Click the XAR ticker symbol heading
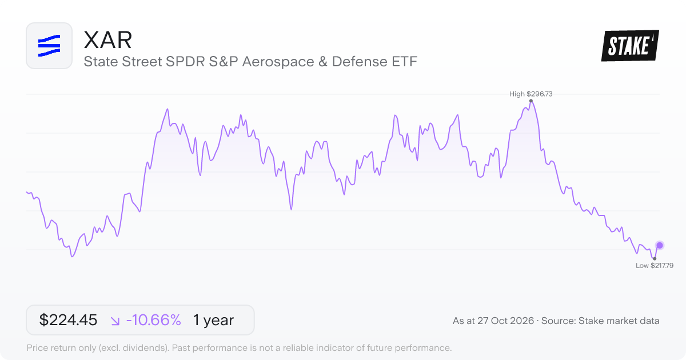pyautogui.click(x=108, y=40)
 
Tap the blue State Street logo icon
pyautogui.click(x=49, y=46)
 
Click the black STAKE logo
pyautogui.click(x=630, y=46)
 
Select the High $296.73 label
pyautogui.click(x=531, y=94)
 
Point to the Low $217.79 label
pyautogui.click(x=655, y=265)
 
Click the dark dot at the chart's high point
pyautogui.click(x=531, y=101)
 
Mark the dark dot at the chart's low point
pyautogui.click(x=655, y=259)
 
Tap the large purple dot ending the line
pyautogui.click(x=660, y=245)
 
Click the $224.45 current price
pyautogui.click(x=68, y=320)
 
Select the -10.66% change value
pyautogui.click(x=153, y=320)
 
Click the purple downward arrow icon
pyautogui.click(x=115, y=321)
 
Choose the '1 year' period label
pyautogui.click(x=213, y=320)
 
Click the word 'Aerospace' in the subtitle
pyautogui.click(x=278, y=62)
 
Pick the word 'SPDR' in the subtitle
pyautogui.click(x=185, y=62)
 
